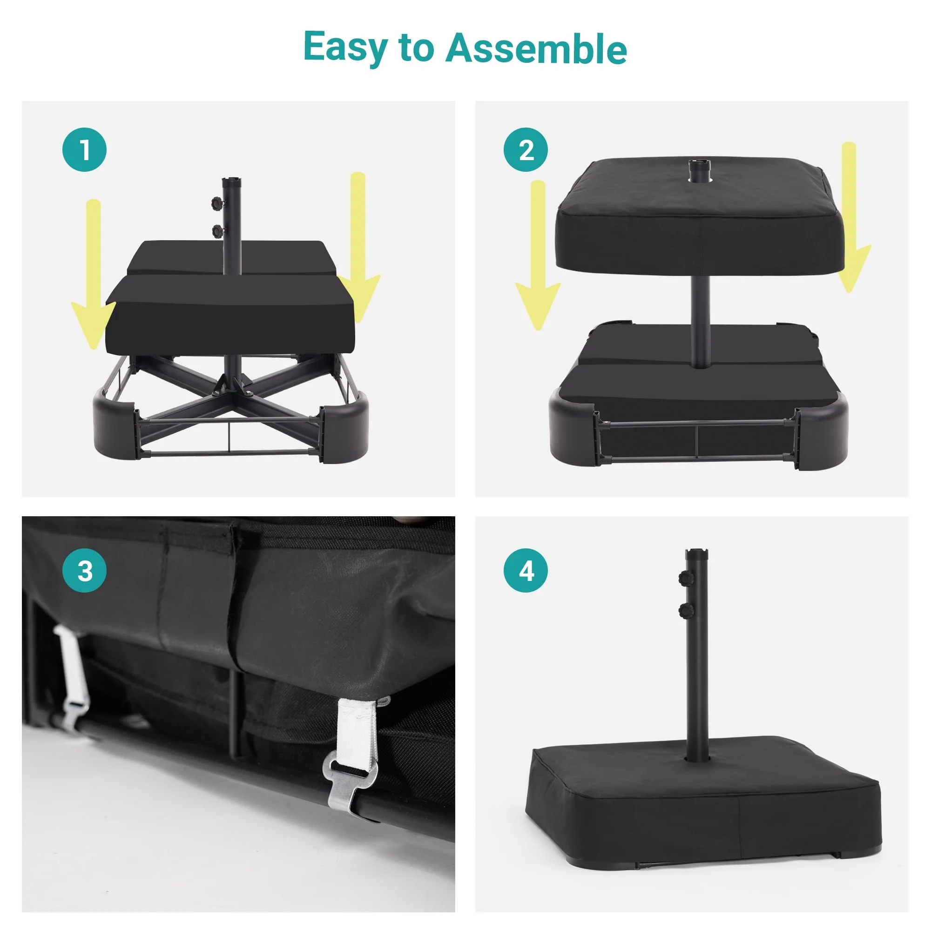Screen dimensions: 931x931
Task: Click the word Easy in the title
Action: click(345, 48)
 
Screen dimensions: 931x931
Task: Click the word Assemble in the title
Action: click(536, 48)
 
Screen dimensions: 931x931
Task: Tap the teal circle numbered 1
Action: click(84, 149)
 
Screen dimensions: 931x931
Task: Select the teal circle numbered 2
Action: click(526, 149)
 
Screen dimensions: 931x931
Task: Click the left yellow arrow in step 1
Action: click(93, 275)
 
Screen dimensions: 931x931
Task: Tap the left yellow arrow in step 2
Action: click(538, 256)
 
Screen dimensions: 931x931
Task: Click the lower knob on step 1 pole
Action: click(218, 231)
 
